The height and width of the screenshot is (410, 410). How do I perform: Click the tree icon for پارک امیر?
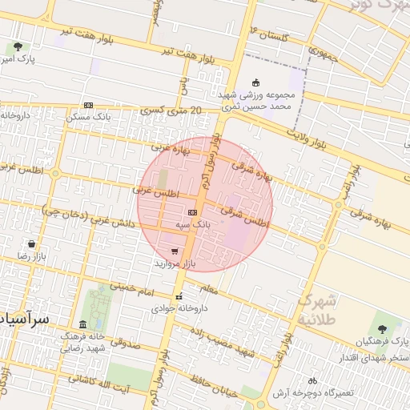[x=18, y=47]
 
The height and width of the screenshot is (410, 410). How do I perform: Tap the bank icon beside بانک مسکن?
[x=88, y=105]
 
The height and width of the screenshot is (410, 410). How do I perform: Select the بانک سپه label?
[x=194, y=225]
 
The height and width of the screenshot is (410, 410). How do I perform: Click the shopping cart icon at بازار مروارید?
[x=175, y=251]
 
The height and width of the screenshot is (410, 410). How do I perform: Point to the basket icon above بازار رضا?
[x=31, y=243]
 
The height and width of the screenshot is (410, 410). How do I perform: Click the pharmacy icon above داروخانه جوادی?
[x=179, y=296]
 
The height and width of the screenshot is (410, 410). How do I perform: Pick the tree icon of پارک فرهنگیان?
[x=380, y=328]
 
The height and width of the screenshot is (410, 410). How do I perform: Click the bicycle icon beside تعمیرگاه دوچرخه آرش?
[x=312, y=380]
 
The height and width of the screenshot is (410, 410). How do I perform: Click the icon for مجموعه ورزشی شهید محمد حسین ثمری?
[x=256, y=82]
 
